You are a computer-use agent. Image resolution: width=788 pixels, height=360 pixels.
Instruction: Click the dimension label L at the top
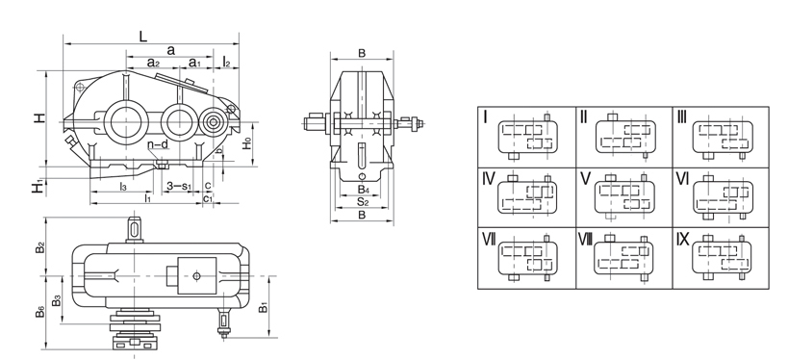(x=143, y=37)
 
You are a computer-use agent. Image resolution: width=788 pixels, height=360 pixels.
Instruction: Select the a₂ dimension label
(x=153, y=63)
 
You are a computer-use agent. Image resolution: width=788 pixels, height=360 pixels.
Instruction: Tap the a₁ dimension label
(x=194, y=63)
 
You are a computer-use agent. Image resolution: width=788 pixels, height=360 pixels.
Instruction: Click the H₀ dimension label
(x=246, y=143)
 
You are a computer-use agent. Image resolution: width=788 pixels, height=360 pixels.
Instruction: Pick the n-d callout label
(x=158, y=144)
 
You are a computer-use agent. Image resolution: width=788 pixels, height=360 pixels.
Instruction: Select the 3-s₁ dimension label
(x=179, y=187)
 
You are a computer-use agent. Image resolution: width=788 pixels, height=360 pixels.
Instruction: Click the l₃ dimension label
(x=122, y=187)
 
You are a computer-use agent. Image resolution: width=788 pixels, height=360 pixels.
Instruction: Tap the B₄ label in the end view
(x=364, y=190)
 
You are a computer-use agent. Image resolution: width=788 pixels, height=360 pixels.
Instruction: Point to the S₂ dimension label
(x=363, y=202)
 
